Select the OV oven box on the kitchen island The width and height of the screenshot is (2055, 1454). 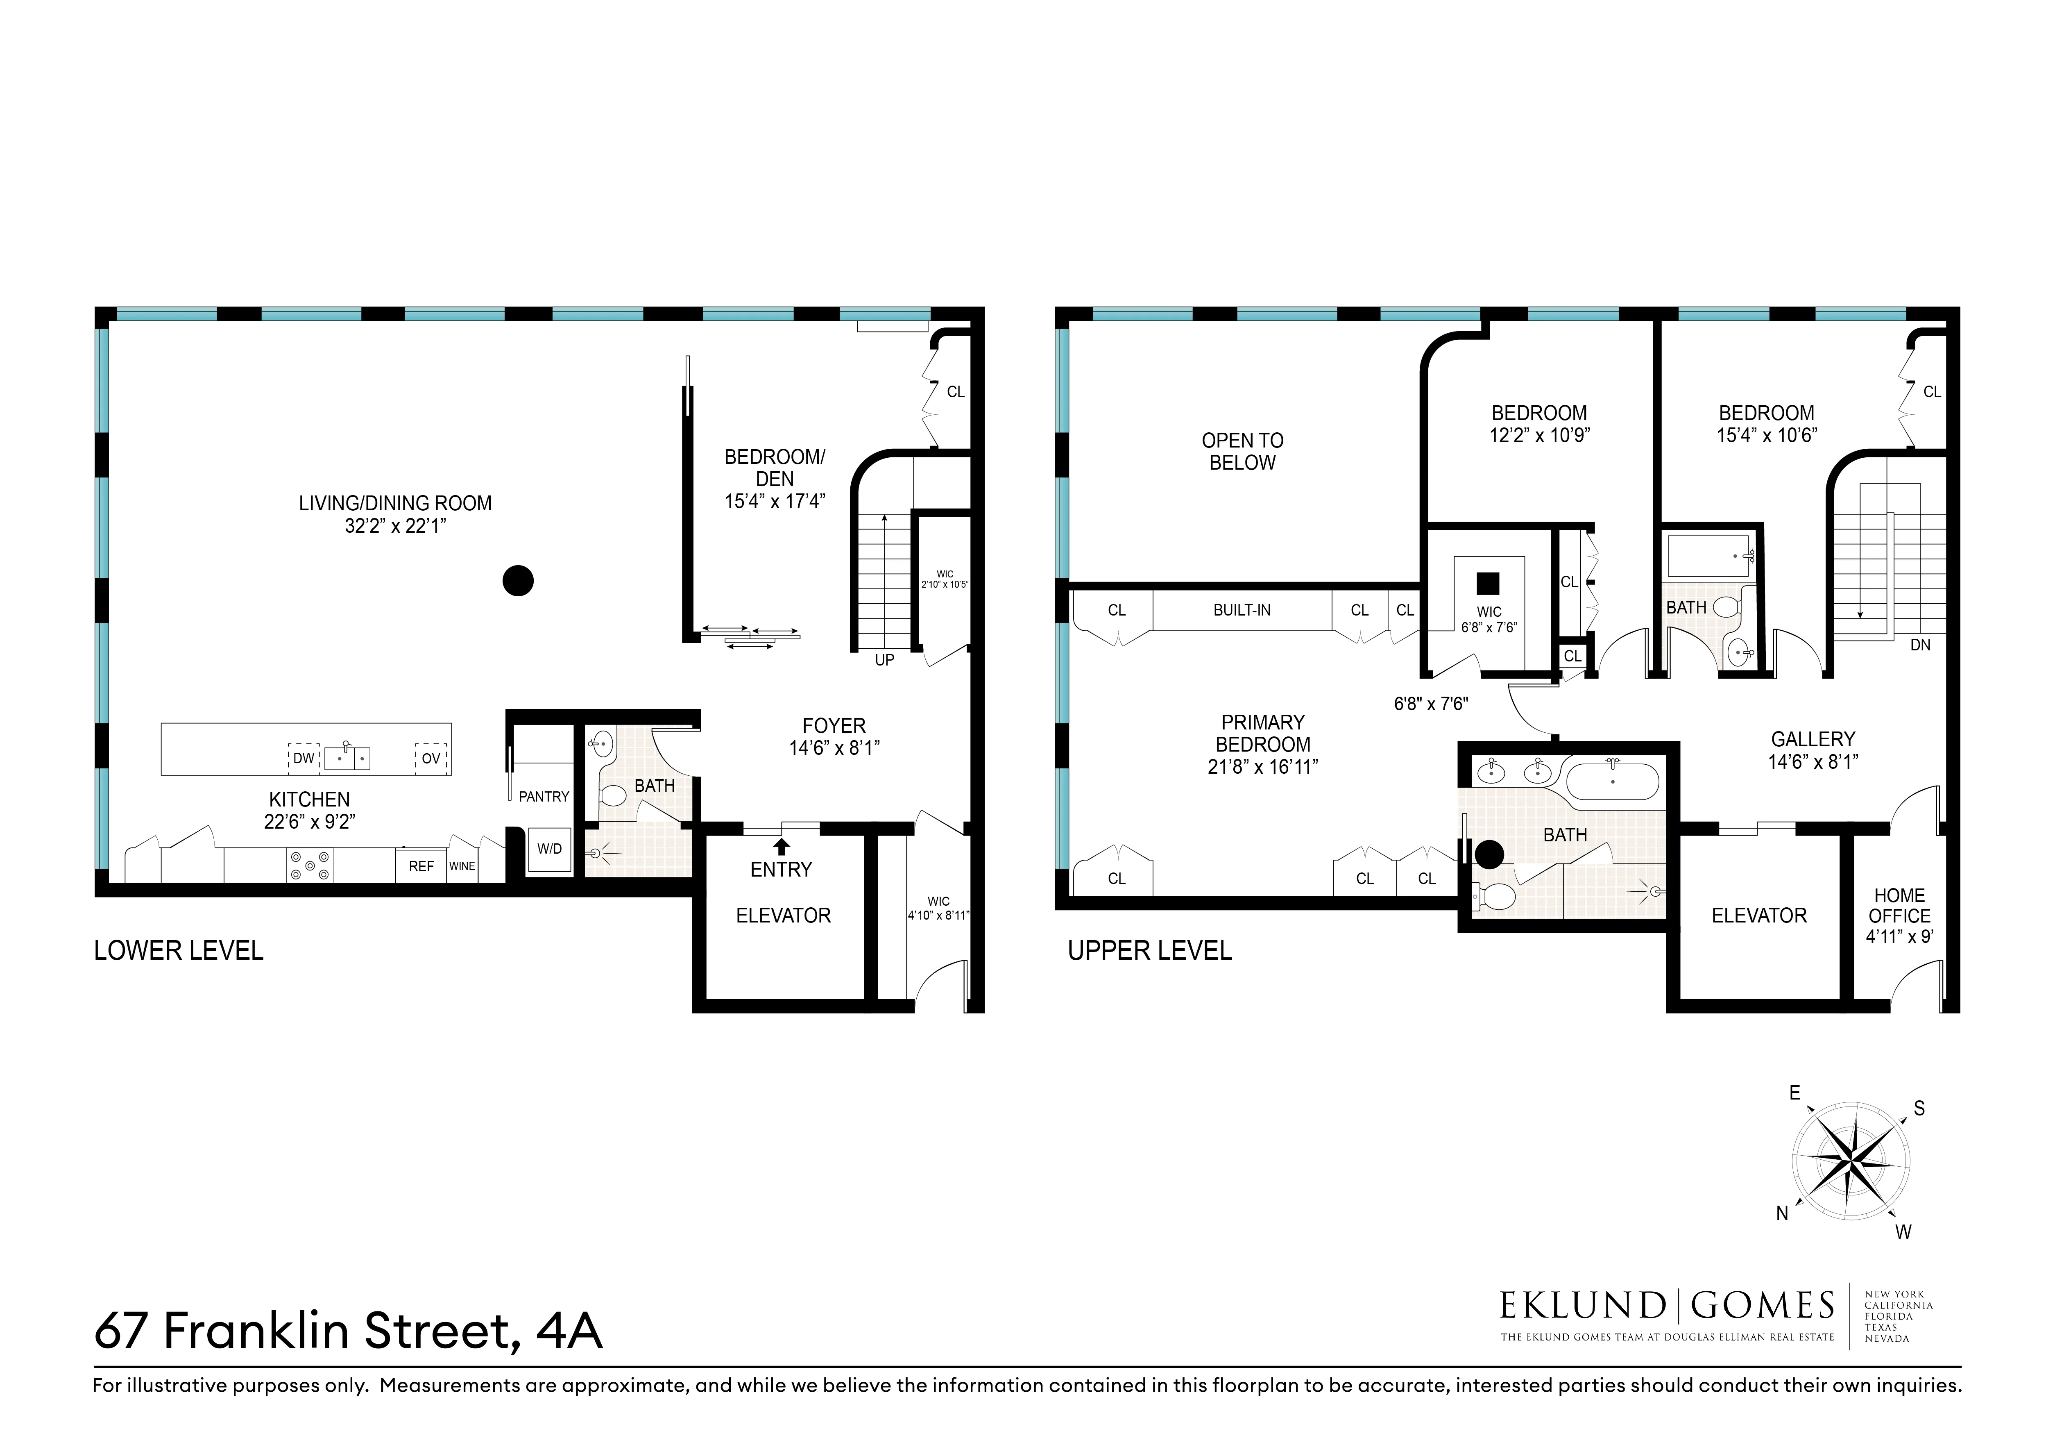(x=431, y=758)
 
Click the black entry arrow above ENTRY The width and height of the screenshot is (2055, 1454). (x=782, y=845)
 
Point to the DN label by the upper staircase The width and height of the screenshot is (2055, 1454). (x=1920, y=645)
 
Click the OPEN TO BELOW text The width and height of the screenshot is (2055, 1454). (x=1242, y=451)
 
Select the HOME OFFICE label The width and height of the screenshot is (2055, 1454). (x=1899, y=905)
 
